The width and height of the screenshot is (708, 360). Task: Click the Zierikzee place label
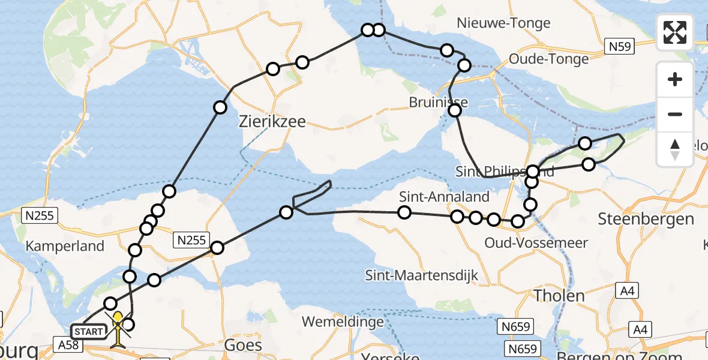272,122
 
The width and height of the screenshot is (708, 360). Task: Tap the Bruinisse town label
438,102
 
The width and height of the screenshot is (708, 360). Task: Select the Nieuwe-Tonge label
503,23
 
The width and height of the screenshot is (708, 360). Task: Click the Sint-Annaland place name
445,196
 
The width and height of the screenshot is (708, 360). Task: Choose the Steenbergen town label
646,218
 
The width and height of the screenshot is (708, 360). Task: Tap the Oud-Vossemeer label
528,243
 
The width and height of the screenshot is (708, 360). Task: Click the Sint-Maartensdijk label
422,275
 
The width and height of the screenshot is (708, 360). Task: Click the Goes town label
243,345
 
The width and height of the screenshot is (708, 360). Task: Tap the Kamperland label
65,246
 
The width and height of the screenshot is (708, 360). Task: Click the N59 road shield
619,47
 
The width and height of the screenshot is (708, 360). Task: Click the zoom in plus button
675,80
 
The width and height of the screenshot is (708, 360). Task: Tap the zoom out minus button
675,114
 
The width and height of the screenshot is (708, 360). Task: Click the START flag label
88,331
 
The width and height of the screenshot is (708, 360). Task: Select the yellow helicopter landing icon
118,327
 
